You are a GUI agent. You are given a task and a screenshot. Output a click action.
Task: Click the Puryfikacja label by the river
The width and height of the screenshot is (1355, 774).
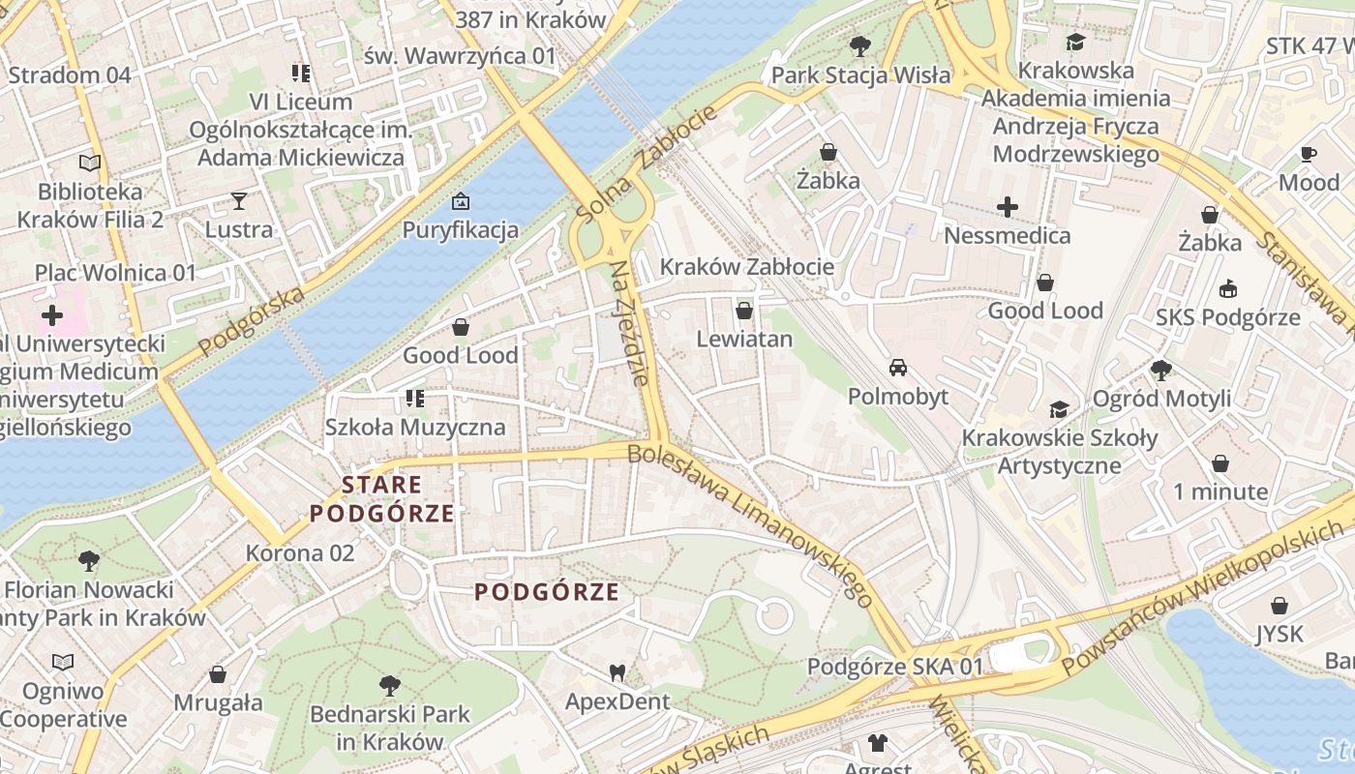461,230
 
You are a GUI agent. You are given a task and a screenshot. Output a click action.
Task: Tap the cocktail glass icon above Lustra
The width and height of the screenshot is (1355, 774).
239,200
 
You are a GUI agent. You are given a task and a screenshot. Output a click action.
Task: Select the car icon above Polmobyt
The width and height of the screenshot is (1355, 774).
898,368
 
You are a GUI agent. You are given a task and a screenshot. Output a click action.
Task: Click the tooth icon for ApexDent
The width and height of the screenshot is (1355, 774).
617,672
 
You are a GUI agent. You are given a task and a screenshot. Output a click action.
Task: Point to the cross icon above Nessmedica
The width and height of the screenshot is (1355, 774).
1008,206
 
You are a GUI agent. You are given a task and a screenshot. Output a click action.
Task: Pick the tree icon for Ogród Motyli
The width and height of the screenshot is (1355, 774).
1161,370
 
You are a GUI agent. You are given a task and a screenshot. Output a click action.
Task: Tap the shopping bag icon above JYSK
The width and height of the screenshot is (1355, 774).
1280,606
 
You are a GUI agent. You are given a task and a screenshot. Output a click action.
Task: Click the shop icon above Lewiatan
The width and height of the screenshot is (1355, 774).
744,310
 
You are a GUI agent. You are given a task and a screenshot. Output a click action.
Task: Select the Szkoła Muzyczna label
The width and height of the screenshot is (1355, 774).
415,427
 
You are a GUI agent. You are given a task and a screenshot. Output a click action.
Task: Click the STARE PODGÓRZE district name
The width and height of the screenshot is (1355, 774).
381,499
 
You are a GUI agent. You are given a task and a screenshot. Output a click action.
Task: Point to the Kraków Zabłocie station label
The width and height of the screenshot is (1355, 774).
746,266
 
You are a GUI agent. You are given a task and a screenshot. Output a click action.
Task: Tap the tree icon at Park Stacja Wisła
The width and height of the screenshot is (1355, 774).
859,45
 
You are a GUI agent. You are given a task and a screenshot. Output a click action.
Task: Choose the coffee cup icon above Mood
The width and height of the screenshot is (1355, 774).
1309,154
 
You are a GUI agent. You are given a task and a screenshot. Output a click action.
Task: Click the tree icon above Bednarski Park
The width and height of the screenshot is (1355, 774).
389,686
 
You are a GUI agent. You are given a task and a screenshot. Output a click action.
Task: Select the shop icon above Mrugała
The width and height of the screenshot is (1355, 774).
218,673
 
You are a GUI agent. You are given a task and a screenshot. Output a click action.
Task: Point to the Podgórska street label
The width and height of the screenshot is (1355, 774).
251,320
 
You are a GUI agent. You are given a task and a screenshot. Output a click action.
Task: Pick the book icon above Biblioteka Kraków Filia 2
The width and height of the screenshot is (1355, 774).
90,164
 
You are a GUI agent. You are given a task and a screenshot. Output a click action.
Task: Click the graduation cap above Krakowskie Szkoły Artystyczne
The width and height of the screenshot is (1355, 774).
1059,409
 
